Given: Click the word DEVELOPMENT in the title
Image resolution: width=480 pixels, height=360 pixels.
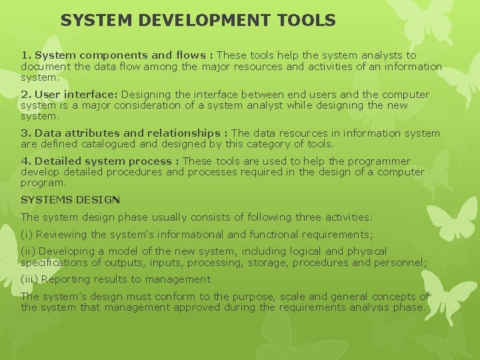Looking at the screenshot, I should coord(202,21).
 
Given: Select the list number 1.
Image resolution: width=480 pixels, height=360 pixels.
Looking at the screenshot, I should coord(25,55).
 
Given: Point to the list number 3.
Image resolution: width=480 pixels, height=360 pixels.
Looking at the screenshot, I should coord(25,133).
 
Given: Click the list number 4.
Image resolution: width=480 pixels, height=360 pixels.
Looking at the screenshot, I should coord(25,161).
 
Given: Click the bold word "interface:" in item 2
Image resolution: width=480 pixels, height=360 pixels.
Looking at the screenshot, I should coord(92,95).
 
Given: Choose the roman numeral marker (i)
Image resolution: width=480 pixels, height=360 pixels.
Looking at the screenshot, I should coord(27,234).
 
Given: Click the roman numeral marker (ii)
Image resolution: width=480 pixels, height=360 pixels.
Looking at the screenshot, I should coord(28,251).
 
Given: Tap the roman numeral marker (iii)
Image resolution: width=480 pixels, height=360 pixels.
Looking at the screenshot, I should coord(29,279).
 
